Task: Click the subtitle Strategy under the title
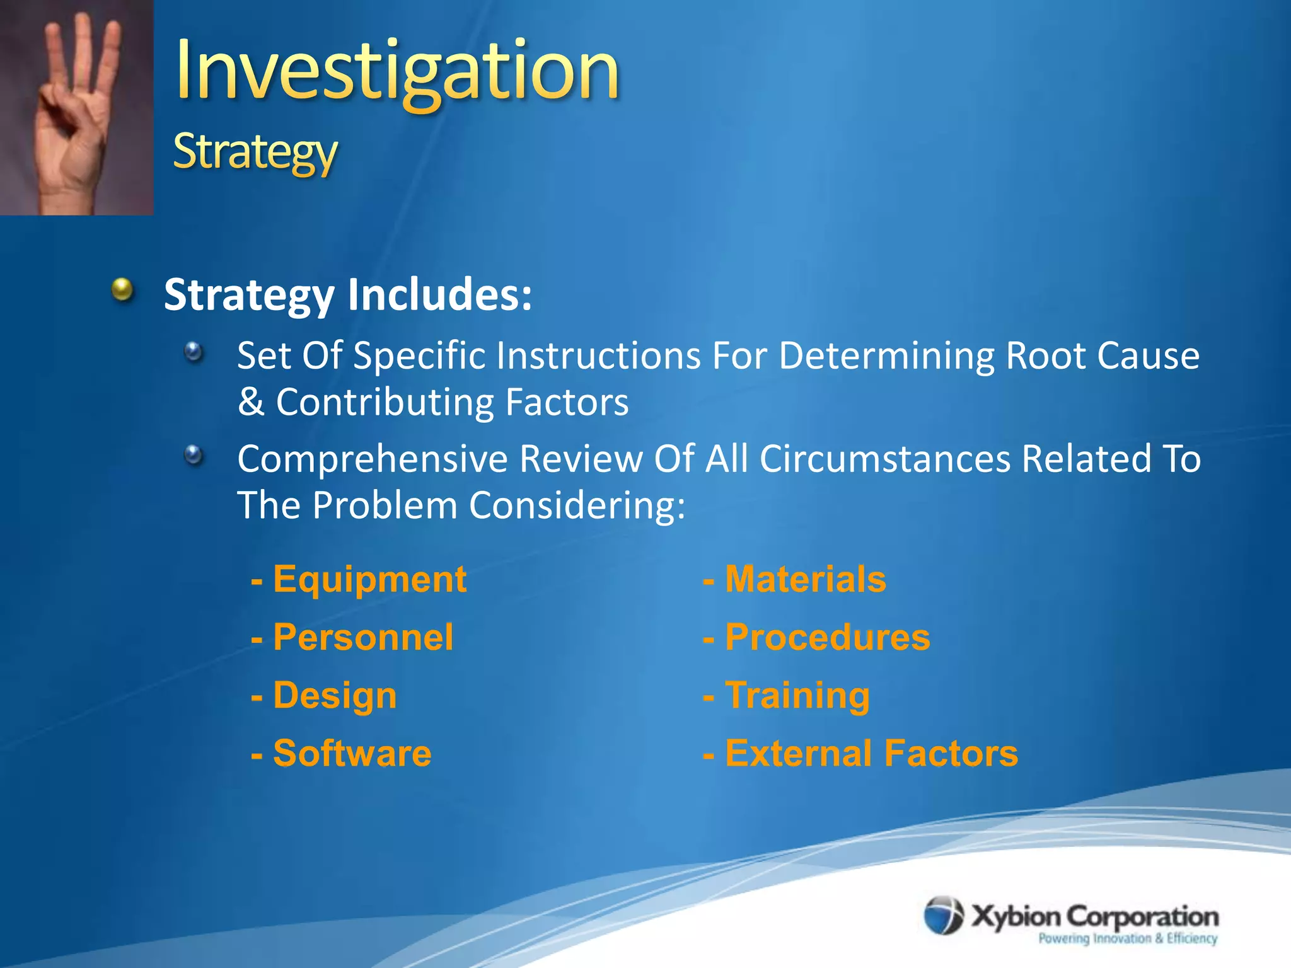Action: point(255,151)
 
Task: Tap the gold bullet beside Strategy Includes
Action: point(123,291)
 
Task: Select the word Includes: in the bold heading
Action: point(439,294)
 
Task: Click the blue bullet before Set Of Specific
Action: point(194,352)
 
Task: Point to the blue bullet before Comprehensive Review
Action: point(194,454)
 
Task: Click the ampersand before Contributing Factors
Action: point(251,402)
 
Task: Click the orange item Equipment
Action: point(369,579)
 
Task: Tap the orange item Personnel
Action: point(363,637)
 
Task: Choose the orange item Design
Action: point(335,696)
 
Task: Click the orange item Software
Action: point(352,753)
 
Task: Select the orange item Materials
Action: point(806,579)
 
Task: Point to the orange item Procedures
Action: point(827,637)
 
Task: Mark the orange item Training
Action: point(797,696)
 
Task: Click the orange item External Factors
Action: point(871,753)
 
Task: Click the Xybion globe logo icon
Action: point(944,916)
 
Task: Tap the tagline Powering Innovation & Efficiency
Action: point(1127,938)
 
